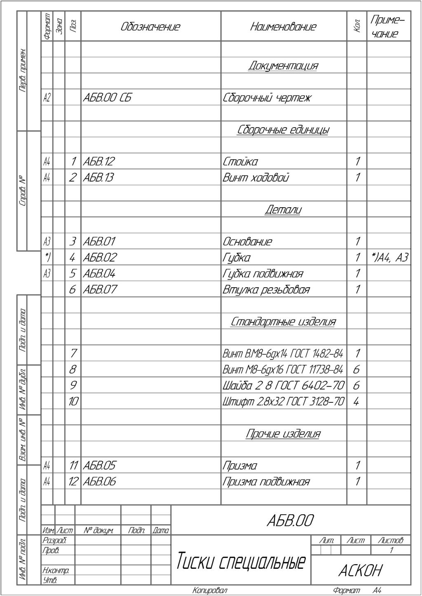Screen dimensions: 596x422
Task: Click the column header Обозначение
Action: click(150, 27)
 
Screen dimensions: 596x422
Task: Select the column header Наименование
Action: click(283, 27)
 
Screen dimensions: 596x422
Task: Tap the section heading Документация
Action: click(283, 66)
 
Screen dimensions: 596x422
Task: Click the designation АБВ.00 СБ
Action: click(107, 98)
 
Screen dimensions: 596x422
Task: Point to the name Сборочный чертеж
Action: click(267, 98)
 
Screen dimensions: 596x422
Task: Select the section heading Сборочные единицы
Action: click(283, 130)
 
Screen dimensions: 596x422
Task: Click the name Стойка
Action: click(240, 162)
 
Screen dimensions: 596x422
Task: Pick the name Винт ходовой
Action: click(256, 178)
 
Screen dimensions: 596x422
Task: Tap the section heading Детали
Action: click(283, 210)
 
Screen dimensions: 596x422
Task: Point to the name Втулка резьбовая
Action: click(266, 290)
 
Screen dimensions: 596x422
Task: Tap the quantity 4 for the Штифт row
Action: click(356, 402)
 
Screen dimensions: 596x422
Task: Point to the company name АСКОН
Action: click(360, 571)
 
